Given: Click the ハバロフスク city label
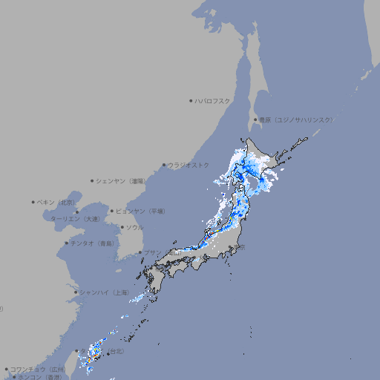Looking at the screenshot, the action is tap(212, 100).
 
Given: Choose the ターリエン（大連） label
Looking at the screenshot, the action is tap(74, 219).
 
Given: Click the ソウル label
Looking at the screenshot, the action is tap(134, 227).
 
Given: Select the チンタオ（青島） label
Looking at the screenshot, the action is tap(92, 243).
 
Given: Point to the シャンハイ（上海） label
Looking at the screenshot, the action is tap(103, 292).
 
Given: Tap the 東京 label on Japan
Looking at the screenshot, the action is tap(240, 248).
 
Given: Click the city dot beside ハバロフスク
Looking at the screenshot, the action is tap(191, 100).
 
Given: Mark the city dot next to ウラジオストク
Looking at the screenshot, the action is tap(164, 165).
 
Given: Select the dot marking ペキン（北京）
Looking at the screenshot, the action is tap(33, 202).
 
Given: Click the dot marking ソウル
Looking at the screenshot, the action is tap(121, 227).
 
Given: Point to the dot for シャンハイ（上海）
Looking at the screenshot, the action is tap(76, 292).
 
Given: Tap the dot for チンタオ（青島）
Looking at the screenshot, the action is tap(66, 243).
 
